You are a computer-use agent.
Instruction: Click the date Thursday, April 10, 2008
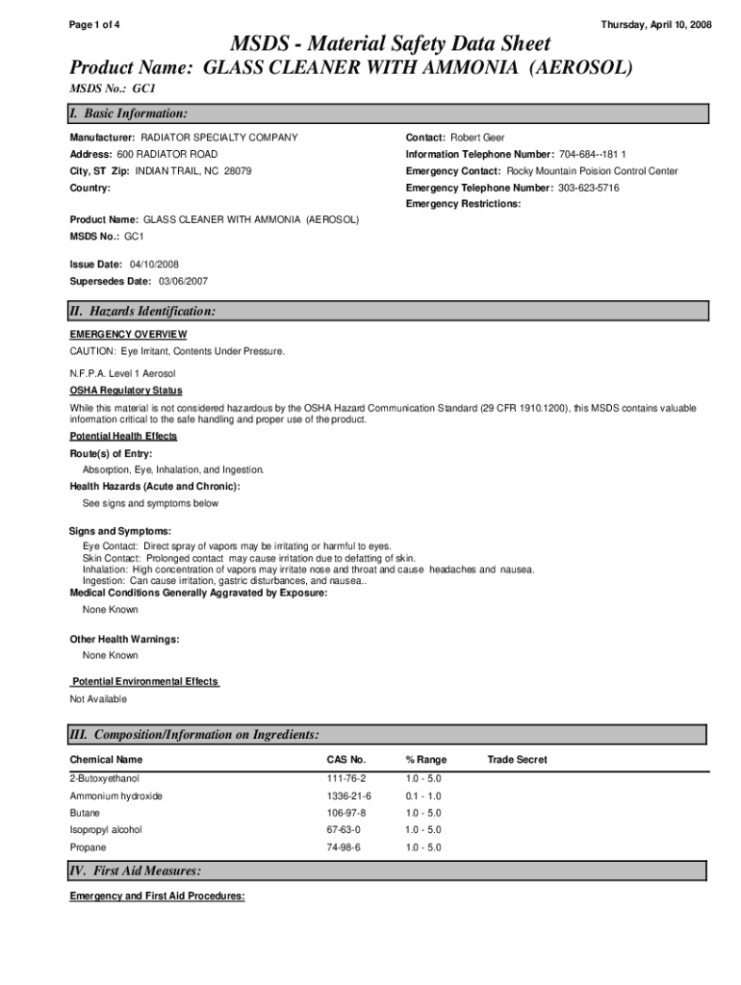click(x=656, y=24)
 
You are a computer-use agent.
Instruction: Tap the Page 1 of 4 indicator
click(x=94, y=24)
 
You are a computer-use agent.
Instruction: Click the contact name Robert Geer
click(x=477, y=138)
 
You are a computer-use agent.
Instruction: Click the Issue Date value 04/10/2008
click(x=146, y=264)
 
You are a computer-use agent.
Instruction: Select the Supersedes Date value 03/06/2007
click(x=176, y=281)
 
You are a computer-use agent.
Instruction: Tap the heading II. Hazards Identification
click(x=142, y=311)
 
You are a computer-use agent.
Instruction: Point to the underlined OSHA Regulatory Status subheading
click(x=125, y=391)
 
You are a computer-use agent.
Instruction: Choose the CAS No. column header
click(x=346, y=760)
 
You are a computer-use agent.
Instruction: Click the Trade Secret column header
click(x=517, y=760)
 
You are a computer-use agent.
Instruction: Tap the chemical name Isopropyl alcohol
click(x=106, y=829)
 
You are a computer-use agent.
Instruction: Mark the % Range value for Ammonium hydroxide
click(x=423, y=796)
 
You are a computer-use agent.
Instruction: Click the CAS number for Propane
click(x=344, y=847)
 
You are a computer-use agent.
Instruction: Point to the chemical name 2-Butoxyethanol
click(x=111, y=777)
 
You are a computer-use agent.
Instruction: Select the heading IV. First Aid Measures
click(x=135, y=871)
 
